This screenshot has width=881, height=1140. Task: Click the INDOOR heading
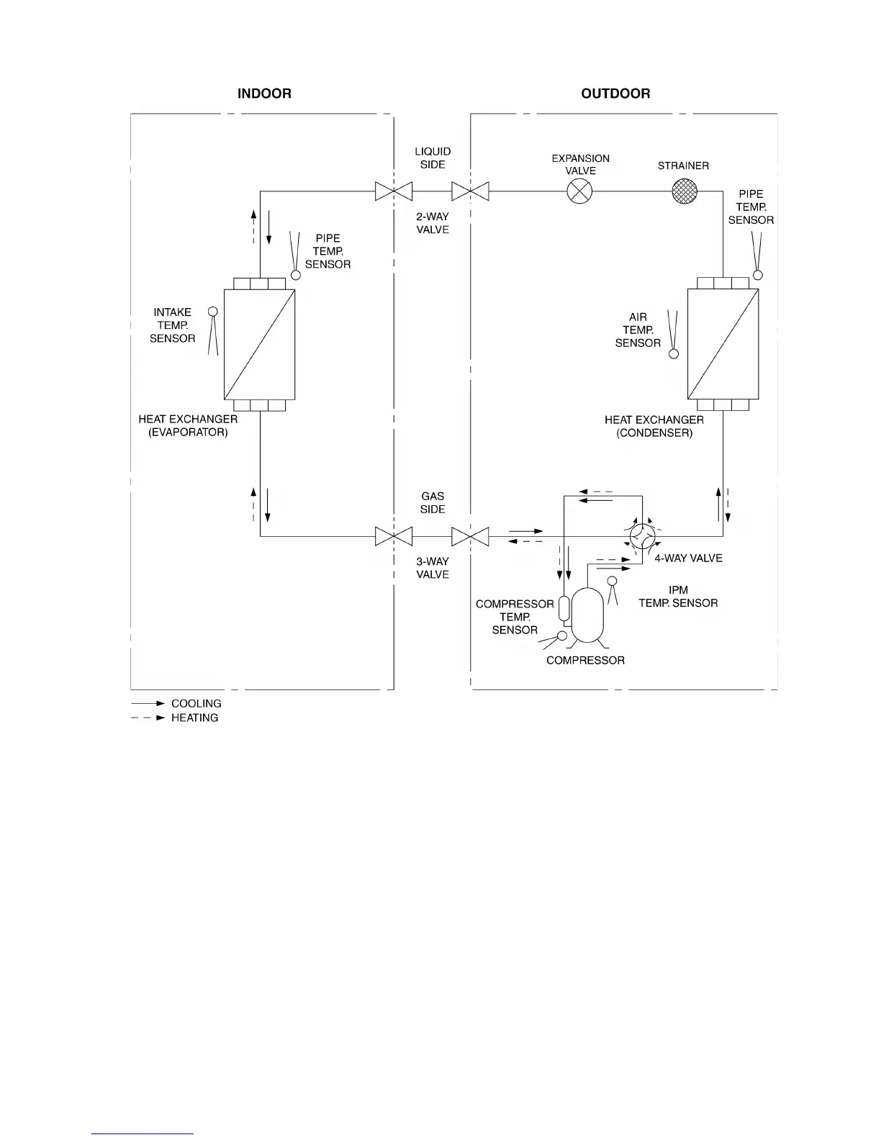[264, 94]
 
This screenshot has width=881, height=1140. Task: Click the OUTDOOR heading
[615, 94]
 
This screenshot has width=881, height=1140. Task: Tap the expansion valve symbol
[579, 191]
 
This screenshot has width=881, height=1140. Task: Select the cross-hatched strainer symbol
[684, 191]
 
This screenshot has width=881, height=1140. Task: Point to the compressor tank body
[588, 614]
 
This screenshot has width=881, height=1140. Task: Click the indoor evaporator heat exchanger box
[259, 344]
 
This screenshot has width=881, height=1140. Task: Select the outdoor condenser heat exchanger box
[723, 344]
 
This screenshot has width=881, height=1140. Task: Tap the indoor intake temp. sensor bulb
[212, 312]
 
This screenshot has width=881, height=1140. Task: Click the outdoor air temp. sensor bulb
[674, 354]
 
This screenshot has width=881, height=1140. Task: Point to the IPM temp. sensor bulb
[612, 581]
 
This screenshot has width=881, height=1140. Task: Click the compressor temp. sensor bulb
[562, 635]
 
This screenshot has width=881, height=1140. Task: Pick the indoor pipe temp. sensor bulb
[295, 275]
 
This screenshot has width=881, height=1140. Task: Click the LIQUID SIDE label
[433, 158]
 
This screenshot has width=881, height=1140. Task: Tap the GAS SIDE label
[433, 502]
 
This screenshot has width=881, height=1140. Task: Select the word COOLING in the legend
[196, 703]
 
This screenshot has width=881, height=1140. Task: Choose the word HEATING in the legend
[194, 718]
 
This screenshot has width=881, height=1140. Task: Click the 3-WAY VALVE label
[433, 568]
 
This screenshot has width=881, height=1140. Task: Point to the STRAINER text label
[683, 166]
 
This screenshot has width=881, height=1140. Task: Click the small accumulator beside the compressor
[564, 608]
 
